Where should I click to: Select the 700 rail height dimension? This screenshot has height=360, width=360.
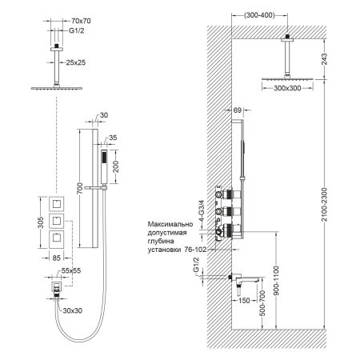(x=78, y=189)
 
